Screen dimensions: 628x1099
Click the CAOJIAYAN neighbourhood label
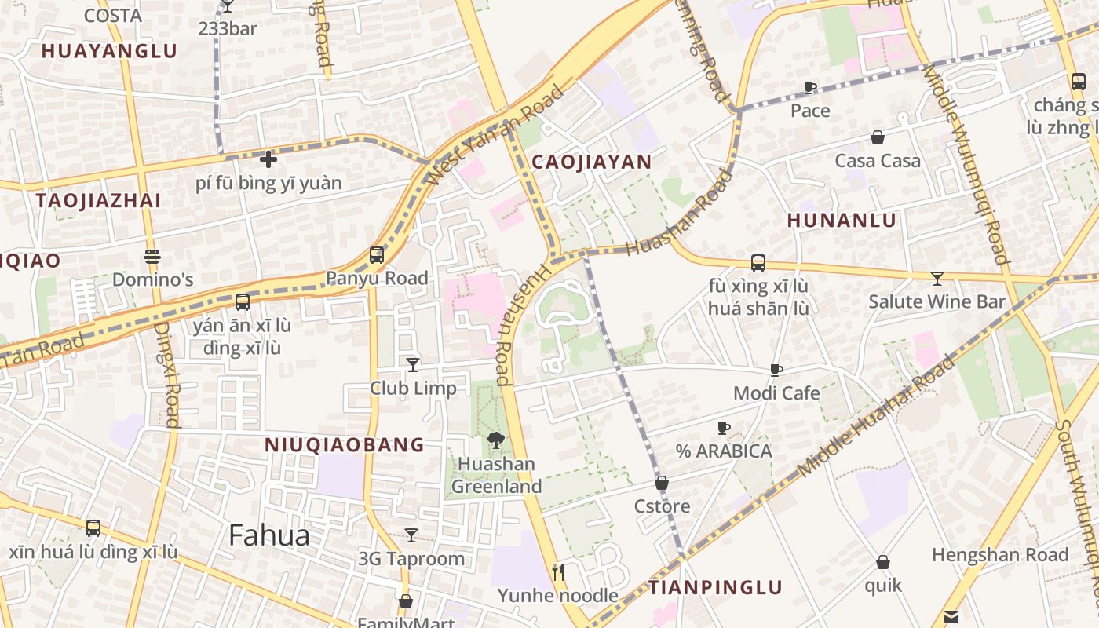pos(591,162)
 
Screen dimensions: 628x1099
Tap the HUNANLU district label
pos(841,221)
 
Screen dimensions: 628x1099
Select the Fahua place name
pos(268,535)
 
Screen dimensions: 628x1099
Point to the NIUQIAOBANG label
pos(344,445)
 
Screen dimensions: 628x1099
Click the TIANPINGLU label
pos(715,587)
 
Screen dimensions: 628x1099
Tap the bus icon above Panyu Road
pos(377,255)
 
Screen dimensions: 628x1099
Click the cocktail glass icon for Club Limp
pos(413,364)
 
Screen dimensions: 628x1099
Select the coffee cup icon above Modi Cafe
pos(776,370)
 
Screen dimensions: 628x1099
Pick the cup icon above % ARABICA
pos(724,428)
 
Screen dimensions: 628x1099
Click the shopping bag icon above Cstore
pos(662,483)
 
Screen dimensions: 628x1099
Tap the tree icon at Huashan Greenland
pos(495,440)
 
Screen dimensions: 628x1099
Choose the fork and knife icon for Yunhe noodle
pos(558,571)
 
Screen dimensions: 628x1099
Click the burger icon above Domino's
pos(152,257)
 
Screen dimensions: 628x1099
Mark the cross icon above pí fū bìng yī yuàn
pos(268,159)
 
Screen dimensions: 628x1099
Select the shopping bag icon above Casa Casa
pos(878,137)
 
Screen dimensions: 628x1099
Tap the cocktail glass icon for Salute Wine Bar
pos(937,278)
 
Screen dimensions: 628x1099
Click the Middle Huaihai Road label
pos(877,416)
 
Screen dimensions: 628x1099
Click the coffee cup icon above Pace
pos(810,87)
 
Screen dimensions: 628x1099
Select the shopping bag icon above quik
pos(883,562)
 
